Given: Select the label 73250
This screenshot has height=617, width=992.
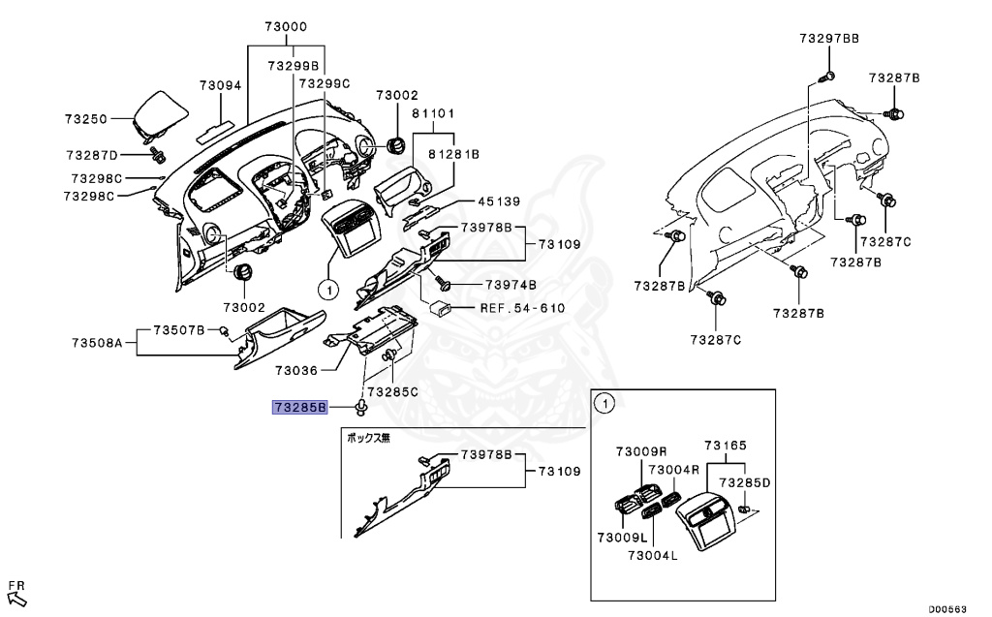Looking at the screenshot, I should point(86,118).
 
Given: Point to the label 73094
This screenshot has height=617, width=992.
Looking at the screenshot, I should point(220,85).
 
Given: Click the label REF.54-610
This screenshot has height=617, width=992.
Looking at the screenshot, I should point(522,308).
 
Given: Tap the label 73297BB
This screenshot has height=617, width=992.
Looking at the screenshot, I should point(829,38).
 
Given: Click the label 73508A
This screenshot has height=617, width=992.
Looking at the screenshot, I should point(97,343).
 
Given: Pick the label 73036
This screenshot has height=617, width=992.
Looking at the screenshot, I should point(296,370).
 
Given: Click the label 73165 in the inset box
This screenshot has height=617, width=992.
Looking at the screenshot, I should point(725,446).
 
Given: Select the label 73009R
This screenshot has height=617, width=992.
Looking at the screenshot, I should point(641,451).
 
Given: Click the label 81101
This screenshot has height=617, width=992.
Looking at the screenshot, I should point(433,113).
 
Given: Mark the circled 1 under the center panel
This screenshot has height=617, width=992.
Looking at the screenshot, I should point(327,289).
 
